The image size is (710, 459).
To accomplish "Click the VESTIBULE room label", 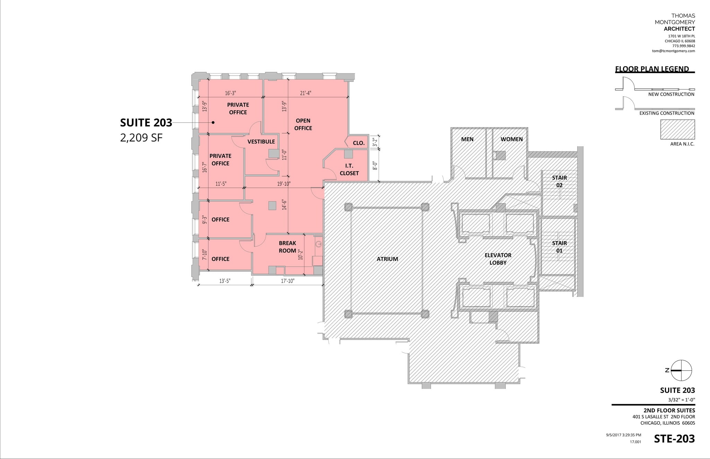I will (x=261, y=142).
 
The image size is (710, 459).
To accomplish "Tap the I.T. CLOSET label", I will (x=349, y=169).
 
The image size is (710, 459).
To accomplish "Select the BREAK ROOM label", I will (x=287, y=247).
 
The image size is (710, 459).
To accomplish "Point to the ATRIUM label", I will (x=387, y=259).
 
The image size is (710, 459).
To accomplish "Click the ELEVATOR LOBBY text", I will (x=498, y=259).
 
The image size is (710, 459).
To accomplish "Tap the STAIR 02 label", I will (x=559, y=181).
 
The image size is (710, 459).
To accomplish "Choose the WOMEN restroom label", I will (x=511, y=139).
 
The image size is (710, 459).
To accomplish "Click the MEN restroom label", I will (x=467, y=139).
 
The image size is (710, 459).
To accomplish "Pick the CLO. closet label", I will (x=358, y=143).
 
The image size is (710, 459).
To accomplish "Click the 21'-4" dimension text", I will (x=305, y=93).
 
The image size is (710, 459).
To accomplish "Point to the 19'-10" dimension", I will (x=284, y=184).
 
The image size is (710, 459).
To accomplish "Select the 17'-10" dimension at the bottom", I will (x=287, y=281).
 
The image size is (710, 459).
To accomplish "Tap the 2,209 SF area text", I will (x=141, y=138).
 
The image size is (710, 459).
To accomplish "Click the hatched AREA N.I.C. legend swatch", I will (x=677, y=130).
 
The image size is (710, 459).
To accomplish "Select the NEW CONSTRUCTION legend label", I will (x=671, y=94).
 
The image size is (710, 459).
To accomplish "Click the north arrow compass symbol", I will (x=681, y=370).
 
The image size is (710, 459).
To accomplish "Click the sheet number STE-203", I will (x=674, y=439).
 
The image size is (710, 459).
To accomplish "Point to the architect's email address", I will (x=673, y=51).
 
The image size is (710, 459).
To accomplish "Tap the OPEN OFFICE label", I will (x=303, y=124).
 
